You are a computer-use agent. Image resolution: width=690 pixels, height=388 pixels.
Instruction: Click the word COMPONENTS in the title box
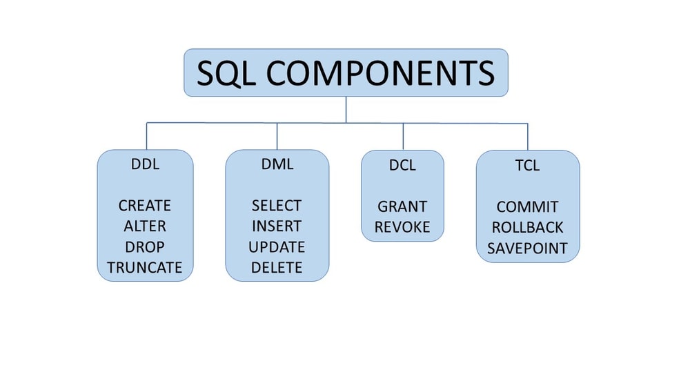(x=380, y=73)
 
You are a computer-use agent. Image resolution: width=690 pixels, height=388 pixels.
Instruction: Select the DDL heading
(x=145, y=165)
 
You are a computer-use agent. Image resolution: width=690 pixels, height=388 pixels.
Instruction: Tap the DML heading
(x=277, y=165)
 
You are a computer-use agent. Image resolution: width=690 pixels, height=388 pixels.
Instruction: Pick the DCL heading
(x=402, y=166)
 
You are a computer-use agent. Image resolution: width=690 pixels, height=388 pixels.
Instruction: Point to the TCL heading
(x=527, y=166)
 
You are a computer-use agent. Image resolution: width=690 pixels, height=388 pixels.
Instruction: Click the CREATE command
(x=145, y=206)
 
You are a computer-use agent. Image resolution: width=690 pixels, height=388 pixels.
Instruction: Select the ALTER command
(x=145, y=226)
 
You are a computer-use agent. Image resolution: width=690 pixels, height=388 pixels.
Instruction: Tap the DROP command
(x=145, y=247)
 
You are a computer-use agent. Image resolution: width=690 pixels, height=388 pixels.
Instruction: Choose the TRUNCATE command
(x=145, y=267)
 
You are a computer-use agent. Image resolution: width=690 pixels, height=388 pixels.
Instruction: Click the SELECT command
(x=277, y=206)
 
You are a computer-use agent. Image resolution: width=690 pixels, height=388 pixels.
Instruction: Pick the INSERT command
(x=277, y=226)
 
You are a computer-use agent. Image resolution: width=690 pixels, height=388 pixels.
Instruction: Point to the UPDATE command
(x=277, y=247)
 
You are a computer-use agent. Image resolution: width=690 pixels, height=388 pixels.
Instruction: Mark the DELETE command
(x=277, y=267)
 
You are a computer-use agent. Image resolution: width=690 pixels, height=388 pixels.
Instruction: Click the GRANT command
(x=402, y=206)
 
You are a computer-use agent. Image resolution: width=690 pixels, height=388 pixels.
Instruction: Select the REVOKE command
(x=402, y=227)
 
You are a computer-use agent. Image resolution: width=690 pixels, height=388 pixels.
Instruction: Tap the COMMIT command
(x=527, y=207)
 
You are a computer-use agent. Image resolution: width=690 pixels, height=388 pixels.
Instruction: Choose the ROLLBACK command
(x=527, y=227)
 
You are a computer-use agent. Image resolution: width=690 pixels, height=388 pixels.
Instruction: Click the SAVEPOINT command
(x=527, y=248)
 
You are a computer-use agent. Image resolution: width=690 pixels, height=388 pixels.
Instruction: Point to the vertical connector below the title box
(x=346, y=109)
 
